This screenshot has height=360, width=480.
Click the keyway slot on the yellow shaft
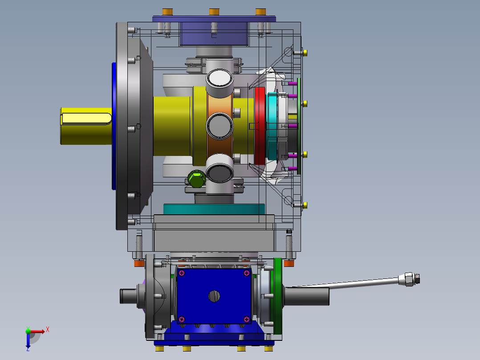point(86,119)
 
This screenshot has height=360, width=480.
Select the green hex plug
point(196,179)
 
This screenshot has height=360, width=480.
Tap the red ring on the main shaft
point(260,126)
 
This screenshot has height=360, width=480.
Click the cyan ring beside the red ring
point(272,126)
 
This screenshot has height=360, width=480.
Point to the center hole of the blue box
point(214,296)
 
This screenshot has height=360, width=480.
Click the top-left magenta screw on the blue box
point(182,273)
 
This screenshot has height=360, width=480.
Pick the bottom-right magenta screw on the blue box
point(247,319)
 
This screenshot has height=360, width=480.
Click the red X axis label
point(48,330)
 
